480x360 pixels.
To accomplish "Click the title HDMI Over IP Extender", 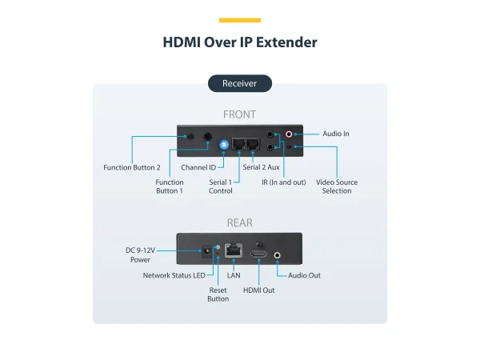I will [x=239, y=42].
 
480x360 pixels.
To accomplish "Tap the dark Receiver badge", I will [x=240, y=82].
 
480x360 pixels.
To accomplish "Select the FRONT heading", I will [x=240, y=114].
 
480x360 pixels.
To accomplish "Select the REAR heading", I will [x=240, y=222].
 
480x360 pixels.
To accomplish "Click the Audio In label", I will [x=336, y=134].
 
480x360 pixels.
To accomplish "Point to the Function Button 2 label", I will [x=132, y=168].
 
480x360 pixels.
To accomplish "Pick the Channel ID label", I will [x=198, y=168].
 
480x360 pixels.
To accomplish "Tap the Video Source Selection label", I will [x=337, y=186].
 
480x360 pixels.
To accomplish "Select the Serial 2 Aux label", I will [x=261, y=168].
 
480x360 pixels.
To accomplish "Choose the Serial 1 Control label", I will [x=221, y=186].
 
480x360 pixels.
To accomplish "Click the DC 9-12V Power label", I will [x=141, y=254].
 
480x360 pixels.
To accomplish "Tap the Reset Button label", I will [x=218, y=294].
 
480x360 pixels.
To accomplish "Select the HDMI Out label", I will [x=258, y=290].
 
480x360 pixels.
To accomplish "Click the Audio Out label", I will [x=304, y=275].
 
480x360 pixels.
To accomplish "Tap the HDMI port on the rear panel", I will [x=258, y=254].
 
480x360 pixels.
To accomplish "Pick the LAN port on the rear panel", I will [x=234, y=251].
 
